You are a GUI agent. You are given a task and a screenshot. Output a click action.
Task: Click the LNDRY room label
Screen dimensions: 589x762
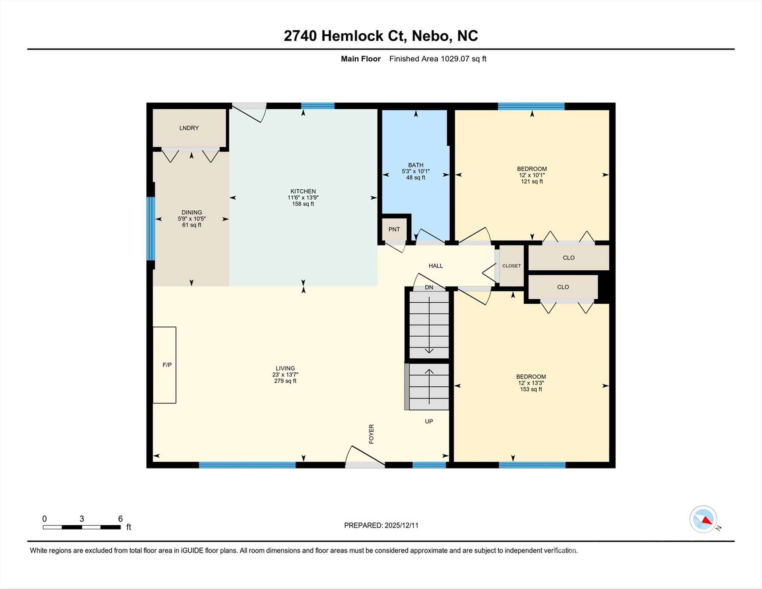pyautogui.click(x=189, y=128)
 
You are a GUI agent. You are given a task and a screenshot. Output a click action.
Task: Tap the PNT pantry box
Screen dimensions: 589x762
pyautogui.click(x=394, y=229)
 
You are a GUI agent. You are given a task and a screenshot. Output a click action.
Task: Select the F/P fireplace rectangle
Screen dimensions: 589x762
pyautogui.click(x=165, y=365)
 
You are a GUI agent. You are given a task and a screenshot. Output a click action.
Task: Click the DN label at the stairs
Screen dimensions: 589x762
pyautogui.click(x=429, y=288)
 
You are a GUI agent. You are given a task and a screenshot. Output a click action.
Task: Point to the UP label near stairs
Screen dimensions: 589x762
pyautogui.click(x=429, y=421)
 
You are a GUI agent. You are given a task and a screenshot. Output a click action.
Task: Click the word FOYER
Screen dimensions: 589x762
pyautogui.click(x=371, y=434)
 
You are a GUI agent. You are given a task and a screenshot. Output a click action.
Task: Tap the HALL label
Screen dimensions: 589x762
pyautogui.click(x=435, y=266)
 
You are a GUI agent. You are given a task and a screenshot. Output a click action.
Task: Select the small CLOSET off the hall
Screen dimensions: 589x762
pyautogui.click(x=511, y=266)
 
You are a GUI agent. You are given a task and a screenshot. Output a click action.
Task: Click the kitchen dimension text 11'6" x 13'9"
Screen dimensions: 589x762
pyautogui.click(x=303, y=197)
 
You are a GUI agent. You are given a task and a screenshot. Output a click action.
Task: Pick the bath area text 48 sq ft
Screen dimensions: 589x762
pyautogui.click(x=415, y=178)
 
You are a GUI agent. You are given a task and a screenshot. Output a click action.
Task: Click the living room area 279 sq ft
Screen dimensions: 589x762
pyautogui.click(x=285, y=381)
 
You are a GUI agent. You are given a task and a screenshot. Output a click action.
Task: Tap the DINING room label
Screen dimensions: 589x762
pyautogui.click(x=192, y=212)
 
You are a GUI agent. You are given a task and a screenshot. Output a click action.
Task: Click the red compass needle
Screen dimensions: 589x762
pyautogui.click(x=707, y=520)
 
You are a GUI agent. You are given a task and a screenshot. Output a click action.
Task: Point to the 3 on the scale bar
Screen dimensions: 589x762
pyautogui.click(x=82, y=519)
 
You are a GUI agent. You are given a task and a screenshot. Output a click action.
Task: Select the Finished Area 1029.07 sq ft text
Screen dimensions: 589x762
pyautogui.click(x=437, y=59)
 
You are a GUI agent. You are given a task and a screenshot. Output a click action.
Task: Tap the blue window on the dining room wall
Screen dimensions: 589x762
pyautogui.click(x=151, y=229)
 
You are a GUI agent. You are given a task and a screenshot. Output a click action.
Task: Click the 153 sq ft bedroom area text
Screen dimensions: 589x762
pyautogui.click(x=531, y=389)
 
